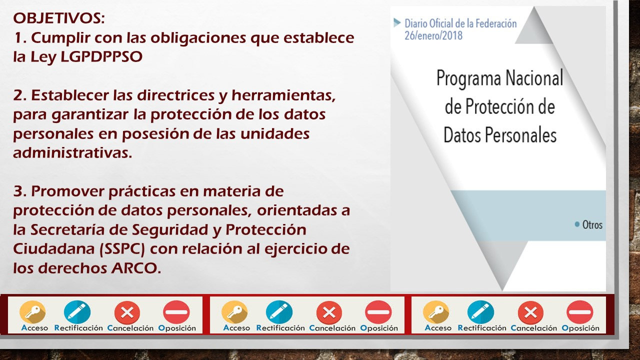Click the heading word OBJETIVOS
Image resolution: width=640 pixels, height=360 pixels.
[x=58, y=18]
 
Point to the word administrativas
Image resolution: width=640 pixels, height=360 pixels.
[x=72, y=153]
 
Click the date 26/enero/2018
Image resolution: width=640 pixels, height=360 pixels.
[x=433, y=35]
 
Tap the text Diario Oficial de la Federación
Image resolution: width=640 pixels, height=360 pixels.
[x=460, y=23]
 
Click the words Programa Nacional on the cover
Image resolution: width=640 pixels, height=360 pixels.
[x=499, y=78]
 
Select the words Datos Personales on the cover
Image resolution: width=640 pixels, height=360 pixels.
[x=499, y=135]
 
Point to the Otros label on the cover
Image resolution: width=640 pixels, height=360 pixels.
[x=592, y=224]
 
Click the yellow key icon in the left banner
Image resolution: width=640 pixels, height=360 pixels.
[x=32, y=312]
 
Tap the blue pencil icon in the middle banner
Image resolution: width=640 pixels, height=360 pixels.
[x=279, y=312]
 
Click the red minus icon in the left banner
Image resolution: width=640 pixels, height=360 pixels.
[x=176, y=312]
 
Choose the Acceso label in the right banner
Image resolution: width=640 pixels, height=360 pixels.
[x=437, y=328]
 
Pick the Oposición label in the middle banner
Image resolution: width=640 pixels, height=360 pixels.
[x=378, y=328]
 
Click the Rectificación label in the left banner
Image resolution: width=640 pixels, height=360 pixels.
[x=78, y=328]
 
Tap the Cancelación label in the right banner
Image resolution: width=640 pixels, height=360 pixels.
[x=533, y=328]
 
